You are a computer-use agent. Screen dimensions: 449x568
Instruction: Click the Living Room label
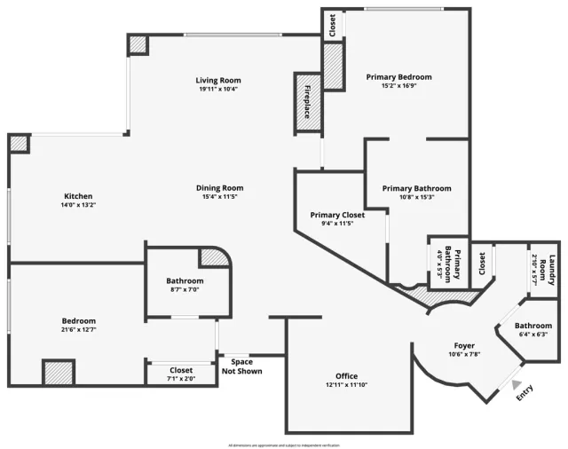coord(218,81)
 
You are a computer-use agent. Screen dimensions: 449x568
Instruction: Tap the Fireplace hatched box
coord(307,101)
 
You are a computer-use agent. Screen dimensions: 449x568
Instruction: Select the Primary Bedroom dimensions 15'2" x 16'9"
coord(398,86)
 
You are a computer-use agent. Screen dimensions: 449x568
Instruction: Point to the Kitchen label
coord(78,196)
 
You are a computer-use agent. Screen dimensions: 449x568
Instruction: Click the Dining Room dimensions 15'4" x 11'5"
coord(220,197)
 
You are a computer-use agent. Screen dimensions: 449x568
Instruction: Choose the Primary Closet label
coord(337,215)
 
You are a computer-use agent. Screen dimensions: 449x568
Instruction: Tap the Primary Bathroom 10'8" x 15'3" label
coord(416,193)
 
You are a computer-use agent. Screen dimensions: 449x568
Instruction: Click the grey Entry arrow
coord(516,383)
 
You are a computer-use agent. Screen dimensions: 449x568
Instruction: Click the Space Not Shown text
coord(241,366)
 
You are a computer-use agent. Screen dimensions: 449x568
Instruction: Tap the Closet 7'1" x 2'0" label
coord(181,374)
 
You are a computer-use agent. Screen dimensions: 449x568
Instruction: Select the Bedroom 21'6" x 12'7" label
coord(78,326)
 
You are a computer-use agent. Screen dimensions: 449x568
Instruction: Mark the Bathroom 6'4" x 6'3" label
coord(532,330)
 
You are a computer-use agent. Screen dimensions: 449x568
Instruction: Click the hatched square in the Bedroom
coord(58,371)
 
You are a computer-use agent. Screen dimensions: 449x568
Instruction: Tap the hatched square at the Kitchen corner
coord(19,143)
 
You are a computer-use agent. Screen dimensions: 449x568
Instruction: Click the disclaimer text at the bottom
coord(284,445)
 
